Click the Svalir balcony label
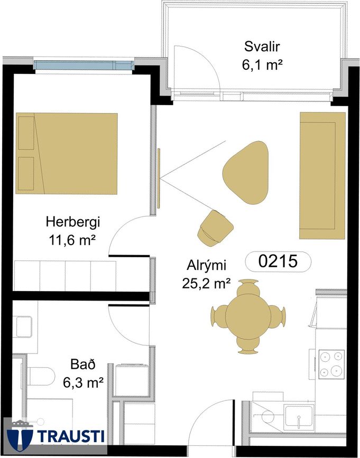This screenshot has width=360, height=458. point(262,46)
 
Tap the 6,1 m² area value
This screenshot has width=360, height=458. point(262,65)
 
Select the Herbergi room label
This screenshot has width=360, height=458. point(73,222)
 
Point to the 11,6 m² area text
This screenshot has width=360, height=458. point(73,240)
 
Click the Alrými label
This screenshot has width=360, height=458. point(207,266)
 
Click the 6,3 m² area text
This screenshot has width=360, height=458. point(84,382)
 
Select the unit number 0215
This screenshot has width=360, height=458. point(278,261)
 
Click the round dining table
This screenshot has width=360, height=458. point(248,316)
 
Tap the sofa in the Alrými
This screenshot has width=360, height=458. point(322,175)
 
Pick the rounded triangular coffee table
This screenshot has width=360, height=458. point(246,172)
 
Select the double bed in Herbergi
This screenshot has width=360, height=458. point(67,153)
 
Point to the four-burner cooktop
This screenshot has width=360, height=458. point(331,364)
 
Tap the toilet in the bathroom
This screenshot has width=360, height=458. point(41,376)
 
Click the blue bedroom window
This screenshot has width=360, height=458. point(84,65)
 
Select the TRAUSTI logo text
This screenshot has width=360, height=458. point(71,436)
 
